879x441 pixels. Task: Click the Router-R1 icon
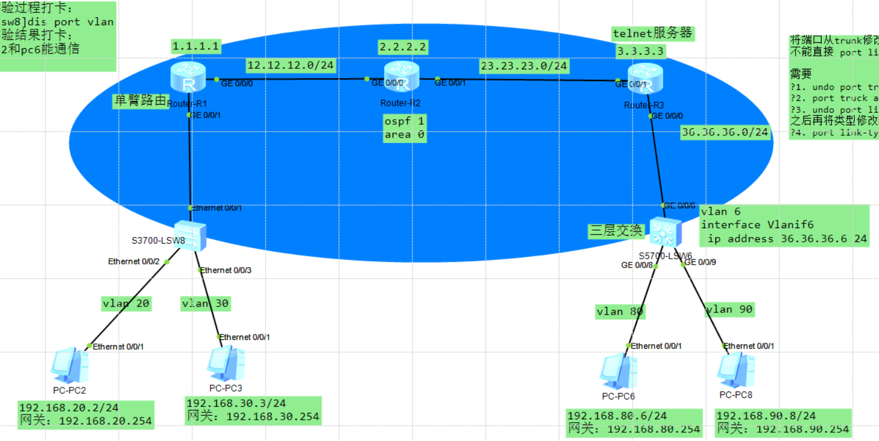pos(188,78)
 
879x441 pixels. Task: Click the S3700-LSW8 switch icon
pos(191,235)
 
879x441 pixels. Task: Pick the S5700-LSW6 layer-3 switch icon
pos(666,232)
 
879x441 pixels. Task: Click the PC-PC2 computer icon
pos(69,365)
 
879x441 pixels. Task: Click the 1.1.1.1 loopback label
pos(196,46)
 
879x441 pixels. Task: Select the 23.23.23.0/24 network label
pos(524,65)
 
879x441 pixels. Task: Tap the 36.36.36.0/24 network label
pos(725,133)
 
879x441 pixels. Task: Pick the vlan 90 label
pos(729,309)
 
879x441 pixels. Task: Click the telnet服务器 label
pos(652,34)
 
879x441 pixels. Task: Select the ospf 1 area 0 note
pos(404,128)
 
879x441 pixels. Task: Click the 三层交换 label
pos(615,231)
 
